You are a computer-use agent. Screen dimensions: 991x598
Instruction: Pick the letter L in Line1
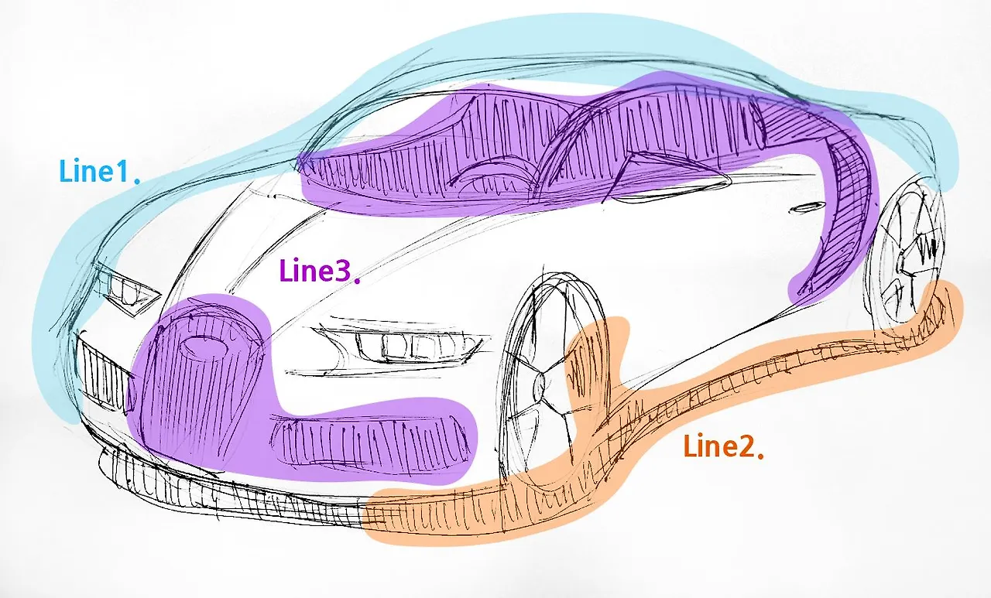click(67, 171)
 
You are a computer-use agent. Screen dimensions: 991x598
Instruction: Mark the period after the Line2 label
click(762, 455)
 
